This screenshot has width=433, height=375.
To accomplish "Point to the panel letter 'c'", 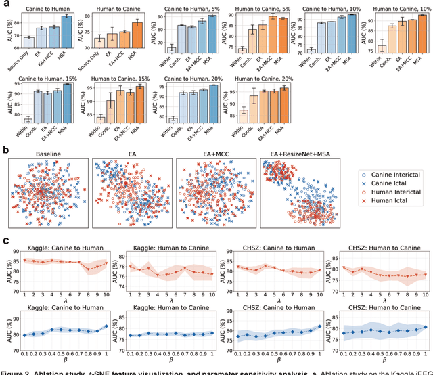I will point(5,240).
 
